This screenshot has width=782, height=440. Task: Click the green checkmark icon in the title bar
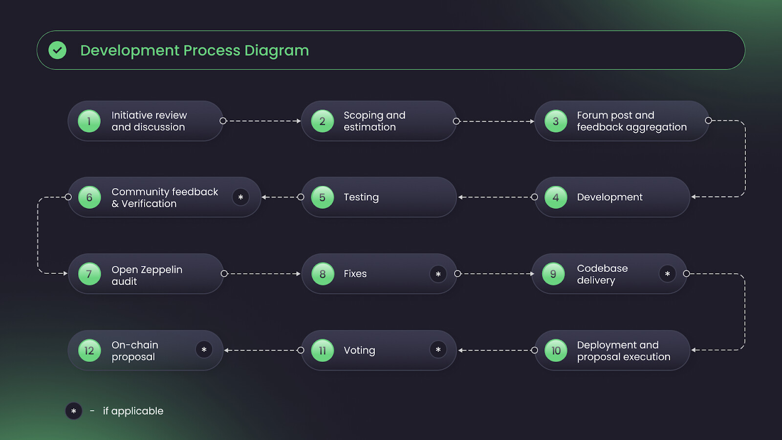58,50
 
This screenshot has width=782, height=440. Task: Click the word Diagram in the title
277,51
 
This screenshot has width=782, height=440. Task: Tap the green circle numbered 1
89,121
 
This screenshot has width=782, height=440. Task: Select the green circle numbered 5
322,198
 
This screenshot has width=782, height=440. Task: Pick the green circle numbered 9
553,274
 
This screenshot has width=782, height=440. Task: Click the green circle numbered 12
89,350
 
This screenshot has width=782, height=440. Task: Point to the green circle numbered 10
556,350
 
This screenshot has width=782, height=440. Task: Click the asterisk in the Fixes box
438,274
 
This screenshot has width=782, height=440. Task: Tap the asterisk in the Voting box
438,350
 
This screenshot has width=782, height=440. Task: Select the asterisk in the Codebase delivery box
668,274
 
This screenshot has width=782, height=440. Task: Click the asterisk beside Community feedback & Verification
240,198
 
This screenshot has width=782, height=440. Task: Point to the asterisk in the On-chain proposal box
204,350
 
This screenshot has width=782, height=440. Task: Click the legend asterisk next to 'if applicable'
74,411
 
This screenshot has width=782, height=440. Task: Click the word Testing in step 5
361,198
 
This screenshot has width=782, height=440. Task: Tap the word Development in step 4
609,198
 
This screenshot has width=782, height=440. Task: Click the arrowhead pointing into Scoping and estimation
299,121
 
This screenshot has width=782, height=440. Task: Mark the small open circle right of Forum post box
708,120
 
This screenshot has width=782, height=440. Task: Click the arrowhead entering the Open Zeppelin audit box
65,273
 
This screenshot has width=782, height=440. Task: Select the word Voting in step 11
360,351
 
